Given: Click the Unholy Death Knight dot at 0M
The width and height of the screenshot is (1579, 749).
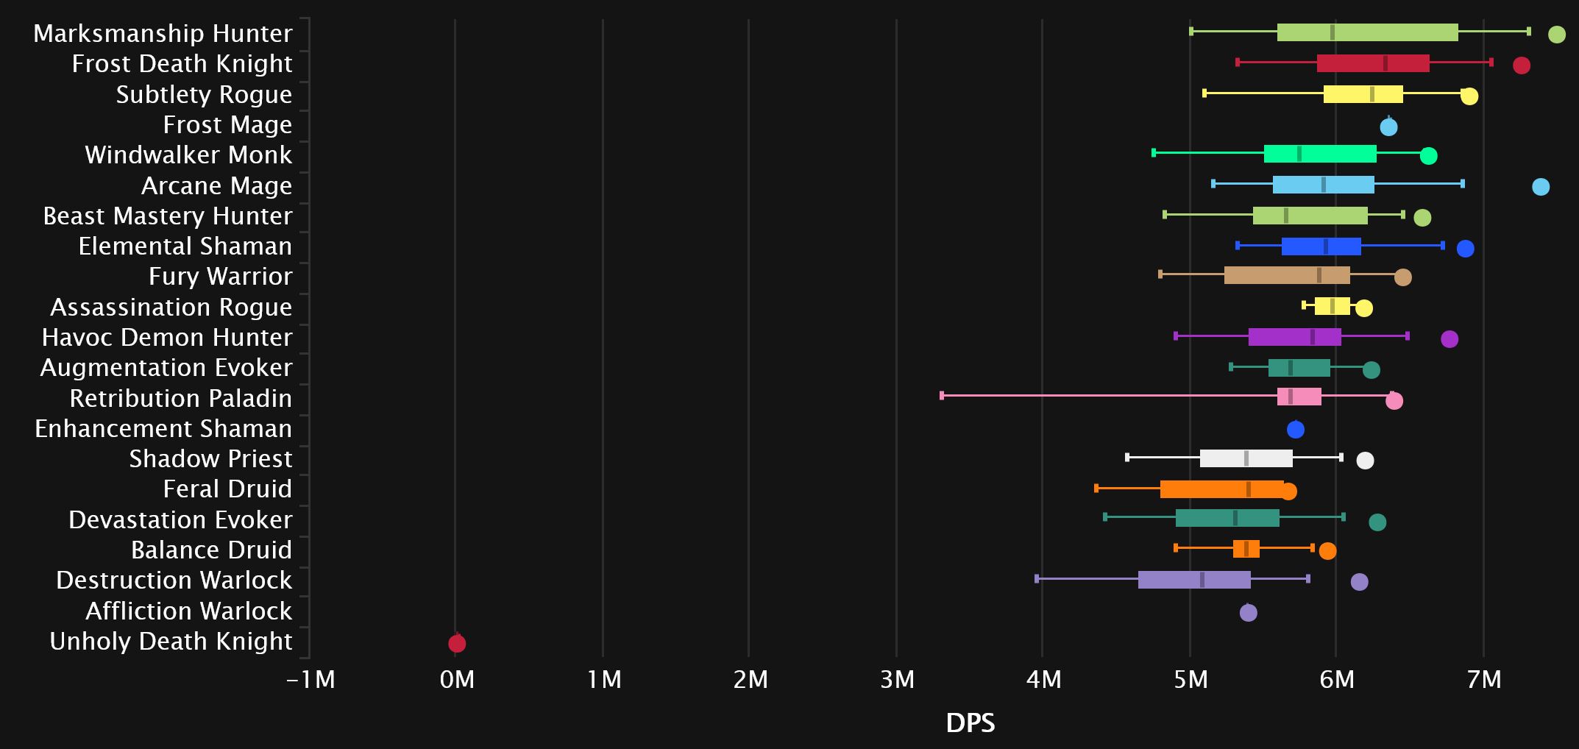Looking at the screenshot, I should click(x=457, y=644).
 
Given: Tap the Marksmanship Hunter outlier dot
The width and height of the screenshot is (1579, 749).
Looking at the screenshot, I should click(x=1556, y=35).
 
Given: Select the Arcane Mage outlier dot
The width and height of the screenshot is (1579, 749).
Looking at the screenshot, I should click(x=1540, y=187).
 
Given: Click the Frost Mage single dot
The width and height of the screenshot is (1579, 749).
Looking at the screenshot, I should click(x=1388, y=127).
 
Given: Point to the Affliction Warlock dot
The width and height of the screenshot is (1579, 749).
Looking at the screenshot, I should click(x=1248, y=612).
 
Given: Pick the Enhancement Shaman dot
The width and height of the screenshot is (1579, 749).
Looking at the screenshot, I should click(x=1295, y=430).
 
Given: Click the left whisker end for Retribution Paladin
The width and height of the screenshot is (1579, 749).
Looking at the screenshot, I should click(x=942, y=396).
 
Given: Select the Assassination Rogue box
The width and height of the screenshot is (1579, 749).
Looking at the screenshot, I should click(x=1332, y=306).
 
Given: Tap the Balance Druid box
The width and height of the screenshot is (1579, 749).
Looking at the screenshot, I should click(x=1246, y=549).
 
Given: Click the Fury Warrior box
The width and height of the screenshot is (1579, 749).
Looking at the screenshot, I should click(x=1287, y=276).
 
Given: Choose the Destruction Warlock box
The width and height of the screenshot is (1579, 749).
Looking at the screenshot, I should click(x=1194, y=580).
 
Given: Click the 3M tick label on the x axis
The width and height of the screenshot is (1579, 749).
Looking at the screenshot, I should click(x=897, y=680).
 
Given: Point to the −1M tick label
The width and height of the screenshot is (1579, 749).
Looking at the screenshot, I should click(x=311, y=680).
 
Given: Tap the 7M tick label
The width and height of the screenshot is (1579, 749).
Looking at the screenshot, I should click(x=1484, y=680).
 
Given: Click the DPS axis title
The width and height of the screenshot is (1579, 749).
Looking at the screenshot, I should click(x=970, y=723).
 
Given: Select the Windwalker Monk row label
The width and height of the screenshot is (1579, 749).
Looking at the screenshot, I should click(x=188, y=155).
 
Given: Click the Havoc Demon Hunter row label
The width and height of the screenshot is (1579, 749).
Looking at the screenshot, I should click(x=167, y=338).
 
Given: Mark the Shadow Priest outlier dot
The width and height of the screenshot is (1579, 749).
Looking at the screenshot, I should click(x=1365, y=461).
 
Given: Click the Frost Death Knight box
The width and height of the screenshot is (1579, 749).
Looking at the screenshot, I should click(x=1373, y=63).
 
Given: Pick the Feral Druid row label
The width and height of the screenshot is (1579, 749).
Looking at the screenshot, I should click(x=227, y=489).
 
